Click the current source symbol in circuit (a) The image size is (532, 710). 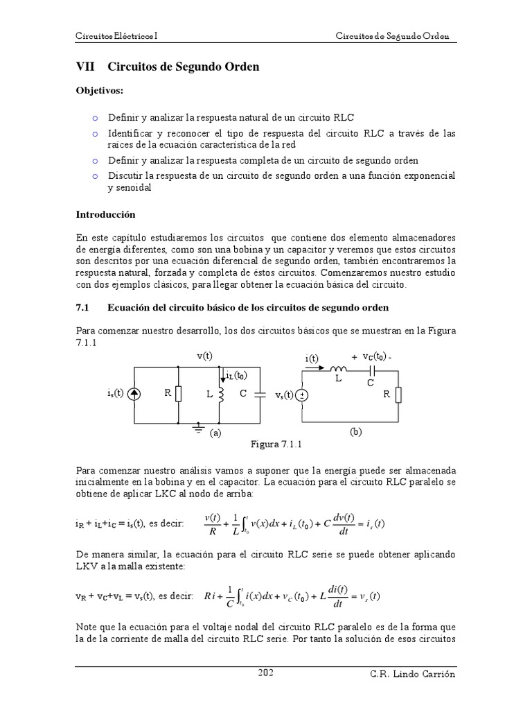pos(134,394)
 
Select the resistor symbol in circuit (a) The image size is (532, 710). pos(179,394)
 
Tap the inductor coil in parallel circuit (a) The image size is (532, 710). pos(221,394)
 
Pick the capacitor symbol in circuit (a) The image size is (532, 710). pos(259,394)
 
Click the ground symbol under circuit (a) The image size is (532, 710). pos(199,428)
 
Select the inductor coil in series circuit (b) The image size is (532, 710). pos(339,370)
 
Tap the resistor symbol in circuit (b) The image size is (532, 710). pos(399,395)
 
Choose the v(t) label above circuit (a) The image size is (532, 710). pos(204,356)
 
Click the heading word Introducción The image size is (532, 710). pos(105,215)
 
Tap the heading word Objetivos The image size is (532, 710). pos(100,91)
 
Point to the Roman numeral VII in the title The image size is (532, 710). pos(85,67)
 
